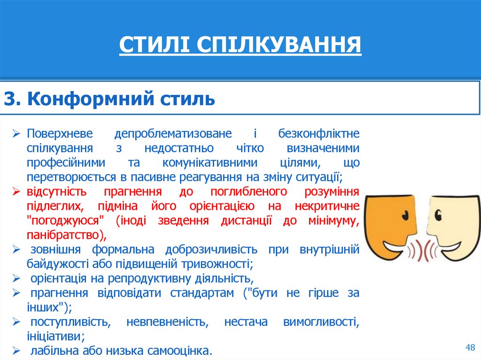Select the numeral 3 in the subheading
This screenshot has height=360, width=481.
tap(10, 99)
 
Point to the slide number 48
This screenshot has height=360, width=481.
tap(470, 347)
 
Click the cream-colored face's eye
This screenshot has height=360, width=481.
tap(438, 215)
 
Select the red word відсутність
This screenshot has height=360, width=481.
tap(57, 191)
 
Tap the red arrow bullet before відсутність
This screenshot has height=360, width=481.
tap(17, 192)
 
